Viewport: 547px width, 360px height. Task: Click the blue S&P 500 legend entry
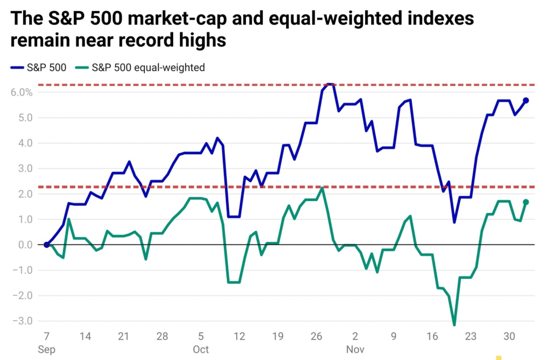[39, 67]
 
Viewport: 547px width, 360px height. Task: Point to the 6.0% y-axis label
[21, 93]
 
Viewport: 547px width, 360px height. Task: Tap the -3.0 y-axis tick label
[23, 321]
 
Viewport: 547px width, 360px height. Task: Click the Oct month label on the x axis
[201, 350]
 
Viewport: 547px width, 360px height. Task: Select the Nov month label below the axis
[355, 350]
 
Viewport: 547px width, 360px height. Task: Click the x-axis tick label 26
[317, 336]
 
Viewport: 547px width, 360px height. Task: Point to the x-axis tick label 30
[509, 336]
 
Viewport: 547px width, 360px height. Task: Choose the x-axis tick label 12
[239, 336]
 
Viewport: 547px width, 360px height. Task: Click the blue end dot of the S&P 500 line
[526, 100]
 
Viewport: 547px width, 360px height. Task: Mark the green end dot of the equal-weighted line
[526, 202]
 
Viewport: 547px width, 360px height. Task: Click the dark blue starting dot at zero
[46, 244]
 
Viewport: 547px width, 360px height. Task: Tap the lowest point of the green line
[454, 324]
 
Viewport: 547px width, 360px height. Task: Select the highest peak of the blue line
[330, 84]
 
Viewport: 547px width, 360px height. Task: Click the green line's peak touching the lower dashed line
[322, 188]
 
